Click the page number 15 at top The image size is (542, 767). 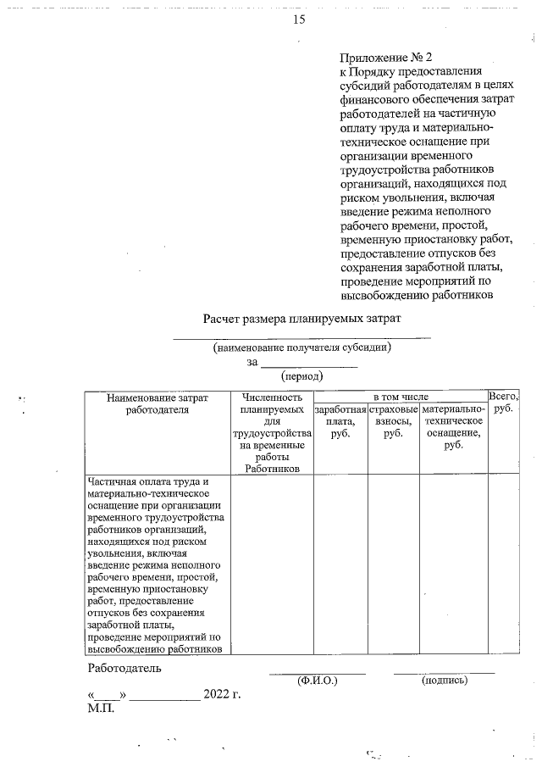[298, 19]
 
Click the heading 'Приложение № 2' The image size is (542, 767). [385, 58]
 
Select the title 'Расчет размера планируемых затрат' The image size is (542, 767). [301, 319]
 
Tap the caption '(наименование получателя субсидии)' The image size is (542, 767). [301, 347]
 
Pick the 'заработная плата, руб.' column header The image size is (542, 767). [340, 421]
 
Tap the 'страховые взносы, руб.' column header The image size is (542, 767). [393, 421]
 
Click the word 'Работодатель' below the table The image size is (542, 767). [124, 668]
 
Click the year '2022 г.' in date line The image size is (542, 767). [223, 696]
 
